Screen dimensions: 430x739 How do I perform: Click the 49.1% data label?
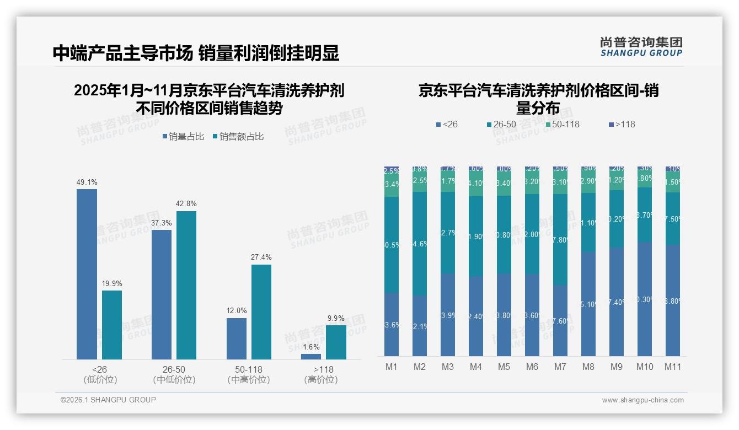(x=87, y=182)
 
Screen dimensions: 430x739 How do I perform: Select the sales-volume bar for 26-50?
(x=162, y=294)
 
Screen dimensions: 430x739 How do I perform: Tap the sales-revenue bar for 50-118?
(x=261, y=311)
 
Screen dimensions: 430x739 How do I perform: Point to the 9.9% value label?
(x=336, y=318)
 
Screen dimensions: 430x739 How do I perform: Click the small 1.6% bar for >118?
(x=311, y=357)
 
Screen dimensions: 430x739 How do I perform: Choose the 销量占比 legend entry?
(x=185, y=137)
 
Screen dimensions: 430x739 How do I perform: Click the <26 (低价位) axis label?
(x=100, y=374)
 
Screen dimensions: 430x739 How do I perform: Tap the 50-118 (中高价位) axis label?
(x=249, y=374)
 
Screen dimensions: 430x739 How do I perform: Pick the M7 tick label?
(x=560, y=367)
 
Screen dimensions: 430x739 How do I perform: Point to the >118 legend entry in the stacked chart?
(x=622, y=125)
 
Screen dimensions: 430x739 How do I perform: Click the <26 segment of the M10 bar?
(x=644, y=299)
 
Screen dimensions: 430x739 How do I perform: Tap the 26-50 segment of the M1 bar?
(x=392, y=245)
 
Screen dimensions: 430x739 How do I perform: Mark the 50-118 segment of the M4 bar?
(x=476, y=183)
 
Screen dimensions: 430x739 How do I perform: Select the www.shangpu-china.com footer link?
(x=642, y=400)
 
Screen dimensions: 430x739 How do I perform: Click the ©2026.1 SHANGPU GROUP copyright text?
(x=108, y=400)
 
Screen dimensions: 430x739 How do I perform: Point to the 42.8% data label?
(x=186, y=203)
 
